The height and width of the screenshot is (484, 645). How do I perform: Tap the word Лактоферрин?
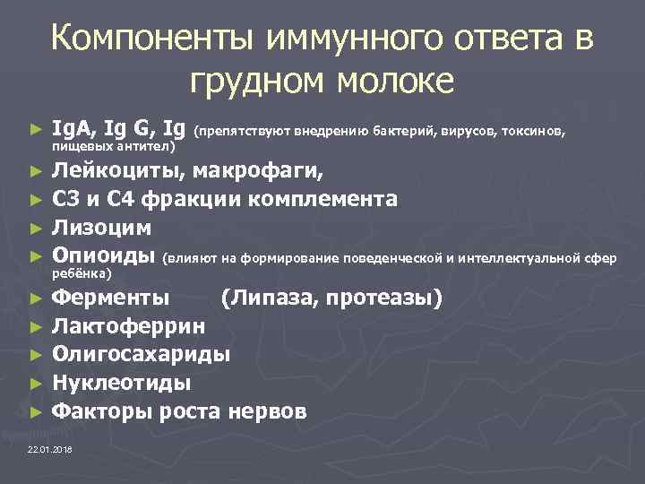coord(127,324)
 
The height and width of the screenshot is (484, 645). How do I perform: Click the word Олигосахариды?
coord(141,353)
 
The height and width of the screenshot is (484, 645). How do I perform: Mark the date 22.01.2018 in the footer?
coord(51,448)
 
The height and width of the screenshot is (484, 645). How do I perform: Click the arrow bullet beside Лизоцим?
coord(35,229)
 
